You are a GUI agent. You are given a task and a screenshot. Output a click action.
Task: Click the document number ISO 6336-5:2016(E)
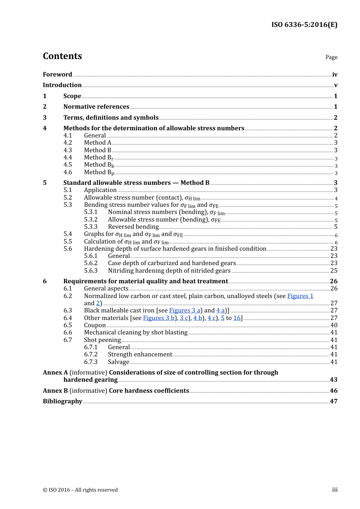coord(304,25)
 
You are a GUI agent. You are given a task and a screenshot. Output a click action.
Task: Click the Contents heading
coord(62,56)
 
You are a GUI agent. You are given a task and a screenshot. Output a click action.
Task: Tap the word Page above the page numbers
coord(331,57)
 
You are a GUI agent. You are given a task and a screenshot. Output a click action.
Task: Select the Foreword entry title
coord(57,75)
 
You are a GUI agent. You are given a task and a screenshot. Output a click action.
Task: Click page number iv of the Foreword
coord(335,75)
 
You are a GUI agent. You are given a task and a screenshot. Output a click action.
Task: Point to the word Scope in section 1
coord(72,96)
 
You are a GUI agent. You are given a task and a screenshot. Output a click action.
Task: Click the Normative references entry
coord(96,107)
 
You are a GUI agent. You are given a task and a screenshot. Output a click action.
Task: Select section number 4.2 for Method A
coord(68,143)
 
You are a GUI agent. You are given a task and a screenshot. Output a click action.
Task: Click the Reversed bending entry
coord(133,227)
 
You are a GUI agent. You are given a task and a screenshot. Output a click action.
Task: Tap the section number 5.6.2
coord(91,263)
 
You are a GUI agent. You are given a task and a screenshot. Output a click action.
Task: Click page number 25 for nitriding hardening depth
coord(334,271)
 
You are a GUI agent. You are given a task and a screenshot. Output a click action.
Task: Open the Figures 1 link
coord(300,296)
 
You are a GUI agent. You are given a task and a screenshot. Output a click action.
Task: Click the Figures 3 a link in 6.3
coord(185,311)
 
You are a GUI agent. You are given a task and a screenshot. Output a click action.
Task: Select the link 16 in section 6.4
coord(237,318)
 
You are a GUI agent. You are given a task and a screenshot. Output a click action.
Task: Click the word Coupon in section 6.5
coord(95,325)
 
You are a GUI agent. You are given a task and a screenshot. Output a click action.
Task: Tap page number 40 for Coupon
coord(334,325)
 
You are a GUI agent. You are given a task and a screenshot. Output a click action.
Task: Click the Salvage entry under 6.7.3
coord(119,362)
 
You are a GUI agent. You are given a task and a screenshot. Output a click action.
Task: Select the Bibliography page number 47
coord(333,401)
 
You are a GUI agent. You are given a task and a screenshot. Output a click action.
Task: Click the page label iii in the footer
coord(335,490)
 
